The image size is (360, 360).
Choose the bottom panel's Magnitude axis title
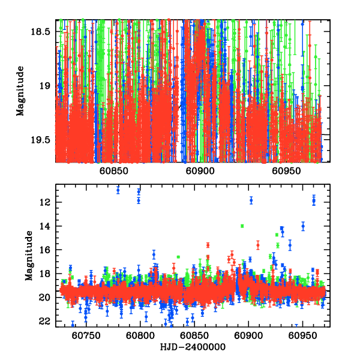coord(28,256)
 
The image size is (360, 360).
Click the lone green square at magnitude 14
coord(242,226)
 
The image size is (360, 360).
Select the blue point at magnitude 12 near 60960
coord(313,201)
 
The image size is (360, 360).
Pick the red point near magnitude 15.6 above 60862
coord(208,245)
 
